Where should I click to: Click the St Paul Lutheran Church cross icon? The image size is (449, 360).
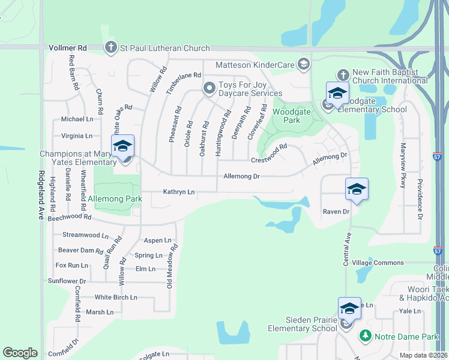click(110, 47)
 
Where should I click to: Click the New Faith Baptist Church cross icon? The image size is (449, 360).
click(342, 75)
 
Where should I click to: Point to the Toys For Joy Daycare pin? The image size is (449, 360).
click(209, 88)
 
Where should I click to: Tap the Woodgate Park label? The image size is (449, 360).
click(286, 116)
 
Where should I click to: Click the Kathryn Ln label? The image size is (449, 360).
click(179, 192)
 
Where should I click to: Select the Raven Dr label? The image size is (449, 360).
click(336, 212)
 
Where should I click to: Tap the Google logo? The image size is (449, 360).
click(20, 353)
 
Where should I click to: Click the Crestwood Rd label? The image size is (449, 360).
click(270, 153)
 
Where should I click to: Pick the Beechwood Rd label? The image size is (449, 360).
click(70, 217)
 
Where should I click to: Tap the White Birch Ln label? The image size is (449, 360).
click(116, 298)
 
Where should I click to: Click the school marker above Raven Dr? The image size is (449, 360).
click(357, 190)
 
